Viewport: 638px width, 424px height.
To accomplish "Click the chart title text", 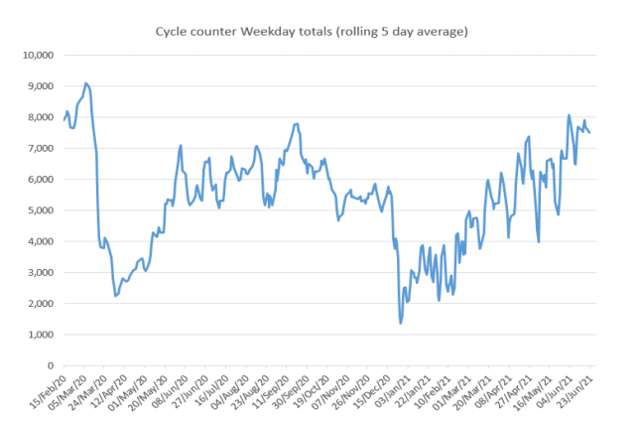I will tap(312, 32).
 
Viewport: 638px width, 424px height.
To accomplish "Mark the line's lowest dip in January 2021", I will tap(401, 323).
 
